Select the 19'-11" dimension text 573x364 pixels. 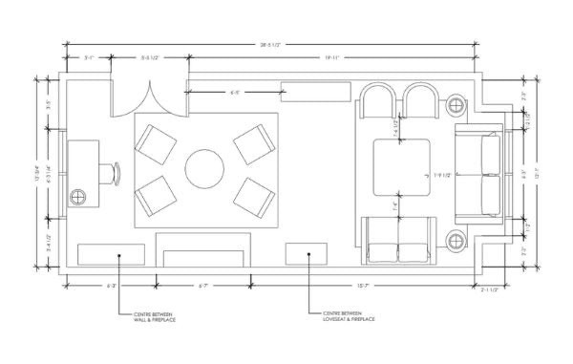tap(331, 58)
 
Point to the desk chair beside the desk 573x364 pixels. tap(117, 172)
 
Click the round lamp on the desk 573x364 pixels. tap(78, 198)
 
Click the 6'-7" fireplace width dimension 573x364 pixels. tap(202, 285)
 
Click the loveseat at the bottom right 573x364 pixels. tap(398, 241)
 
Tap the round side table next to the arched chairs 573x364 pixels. tap(456, 104)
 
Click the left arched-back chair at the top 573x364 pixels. tap(378, 101)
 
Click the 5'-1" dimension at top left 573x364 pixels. tap(90, 58)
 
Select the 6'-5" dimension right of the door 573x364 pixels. tap(236, 93)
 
